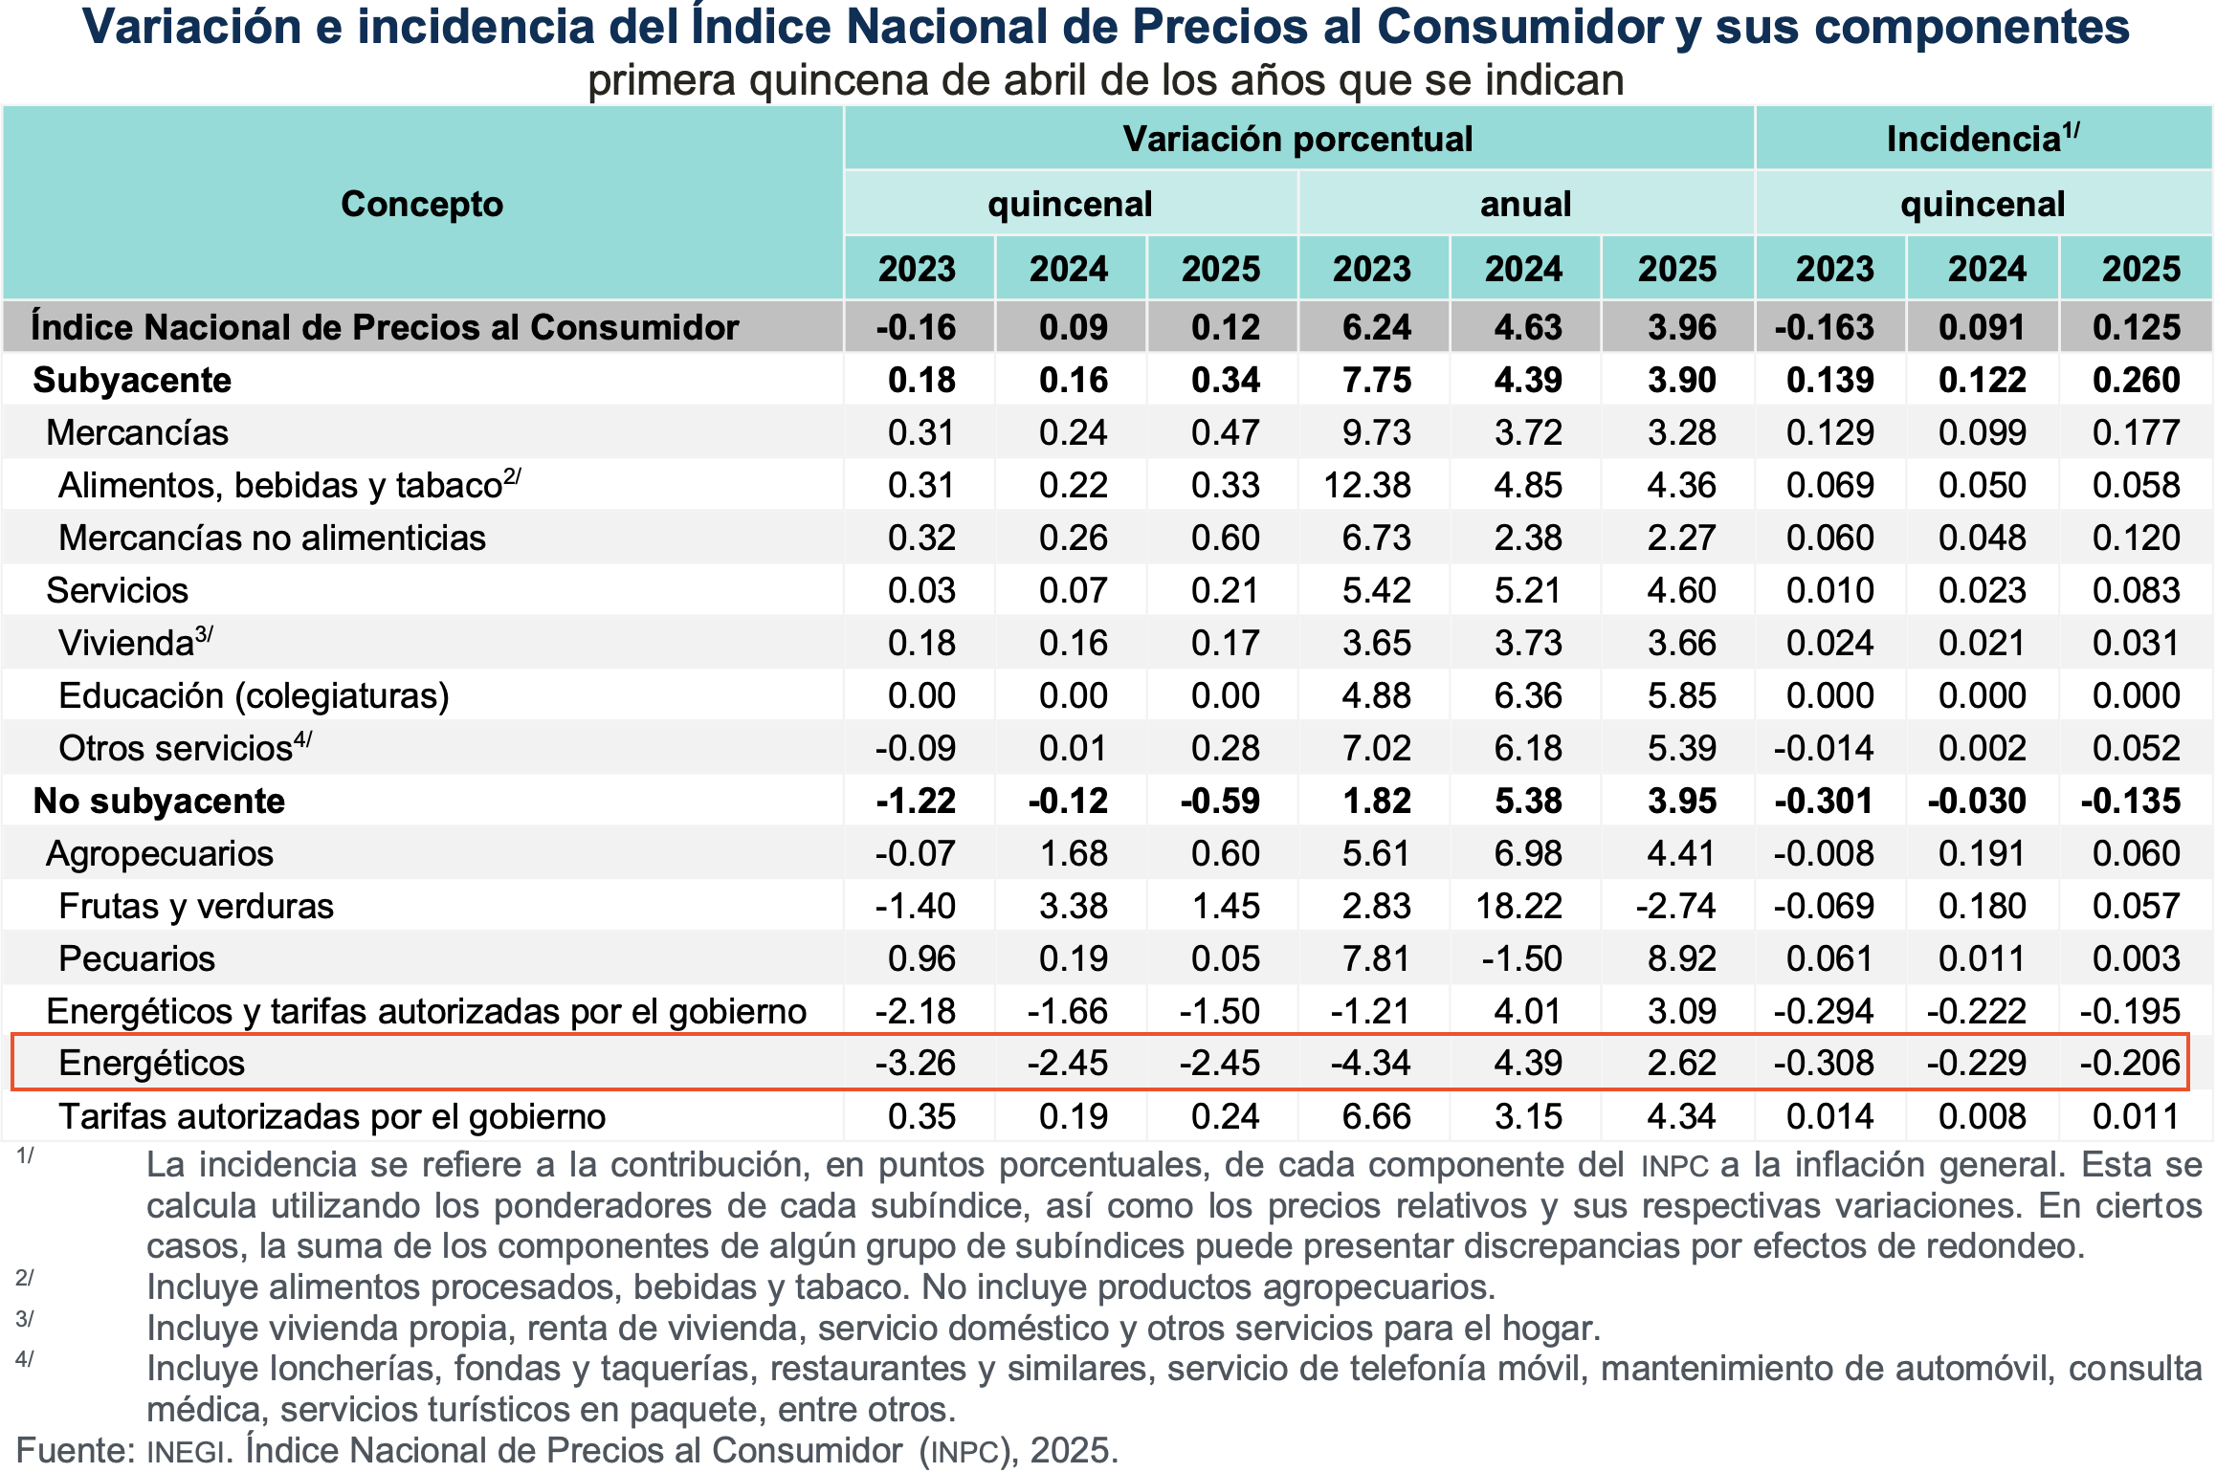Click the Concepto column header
(422, 204)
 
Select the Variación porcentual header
(1297, 139)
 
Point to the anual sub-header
(1525, 204)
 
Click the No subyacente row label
(159, 801)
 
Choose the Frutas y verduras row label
(196, 906)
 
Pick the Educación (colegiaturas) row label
(254, 695)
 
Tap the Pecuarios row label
(137, 958)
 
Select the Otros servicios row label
(176, 748)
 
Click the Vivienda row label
(127, 643)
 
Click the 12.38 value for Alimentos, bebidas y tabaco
(1367, 485)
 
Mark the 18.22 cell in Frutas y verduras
(1518, 906)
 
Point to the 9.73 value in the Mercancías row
(1376, 432)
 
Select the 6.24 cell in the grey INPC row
(1376, 327)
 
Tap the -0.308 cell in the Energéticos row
(1824, 1063)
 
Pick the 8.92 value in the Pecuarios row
(1681, 958)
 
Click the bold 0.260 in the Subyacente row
(2136, 380)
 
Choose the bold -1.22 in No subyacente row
(916, 801)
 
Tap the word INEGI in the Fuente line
(186, 1452)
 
